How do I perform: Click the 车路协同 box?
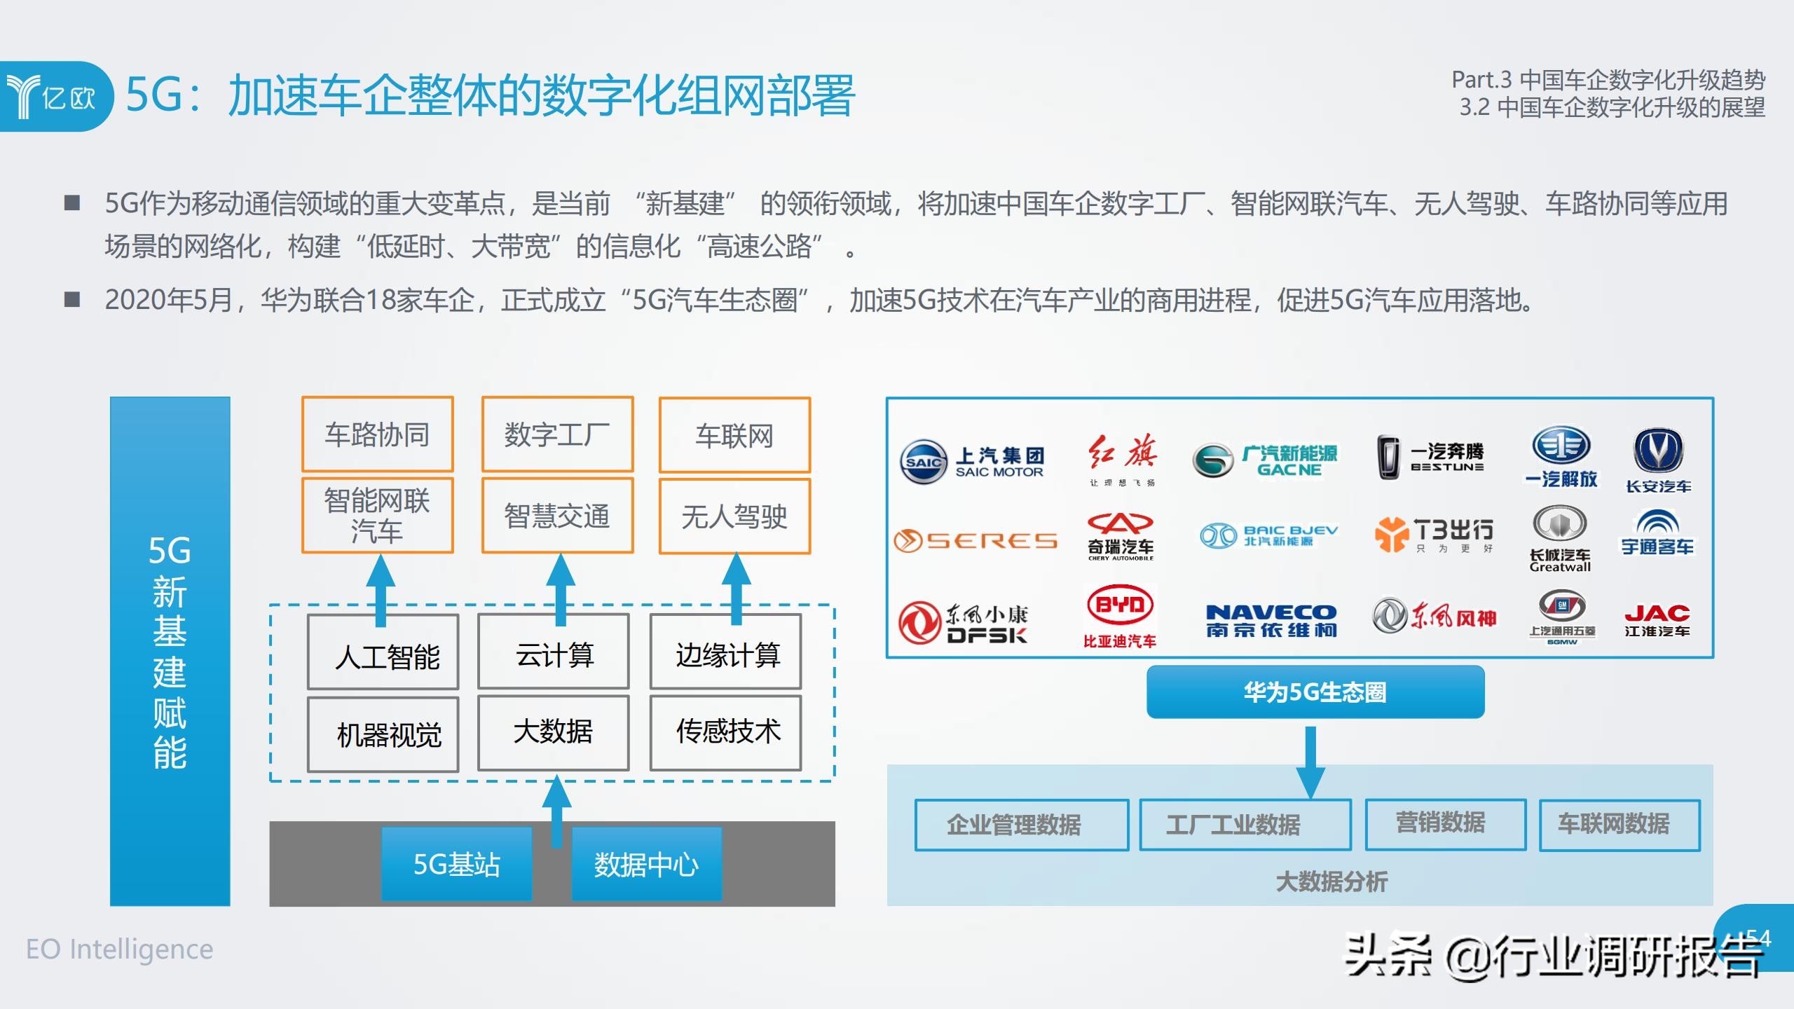[377, 434]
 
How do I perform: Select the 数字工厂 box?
[557, 434]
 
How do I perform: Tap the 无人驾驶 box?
[734, 516]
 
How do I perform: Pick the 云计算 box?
[554, 653]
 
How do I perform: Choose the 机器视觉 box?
[383, 734]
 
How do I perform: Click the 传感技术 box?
[726, 732]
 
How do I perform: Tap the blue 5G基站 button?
[456, 864]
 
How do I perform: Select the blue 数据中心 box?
[646, 864]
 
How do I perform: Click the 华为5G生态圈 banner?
[1315, 692]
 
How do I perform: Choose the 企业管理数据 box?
[1021, 825]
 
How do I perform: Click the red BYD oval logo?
[1120, 604]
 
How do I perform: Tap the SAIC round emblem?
[923, 462]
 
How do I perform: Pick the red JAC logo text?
[1657, 614]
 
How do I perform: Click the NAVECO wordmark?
[1271, 612]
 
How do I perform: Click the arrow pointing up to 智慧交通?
[560, 589]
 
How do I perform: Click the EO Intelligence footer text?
[119, 949]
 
